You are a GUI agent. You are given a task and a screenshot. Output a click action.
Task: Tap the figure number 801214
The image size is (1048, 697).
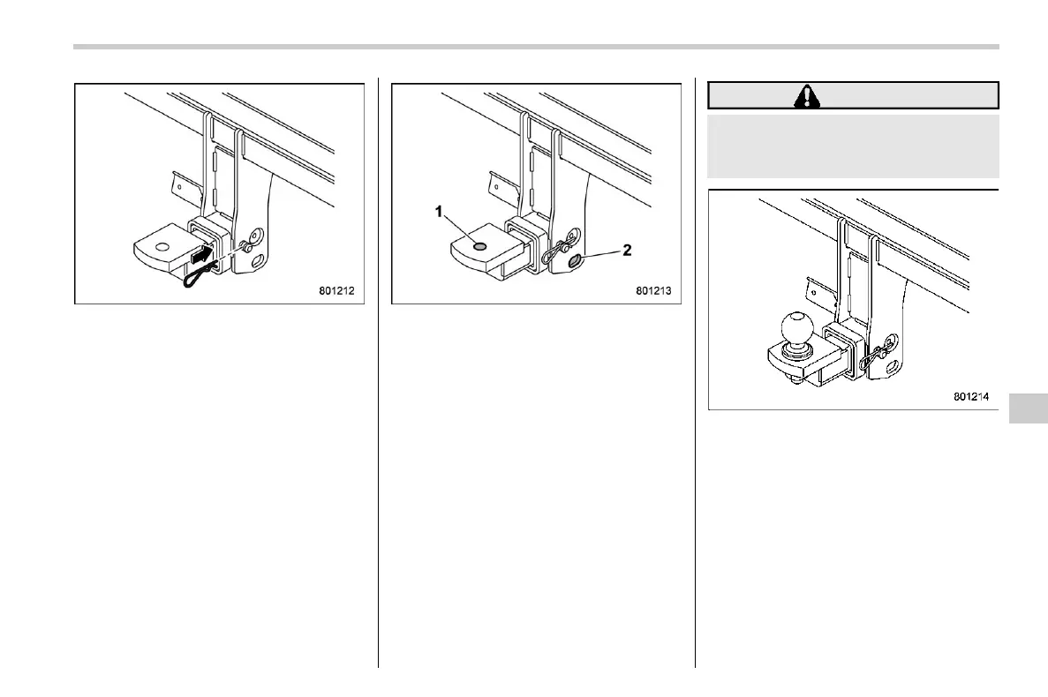(x=972, y=396)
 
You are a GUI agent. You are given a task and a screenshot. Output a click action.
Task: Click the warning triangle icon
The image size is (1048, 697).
(x=806, y=95)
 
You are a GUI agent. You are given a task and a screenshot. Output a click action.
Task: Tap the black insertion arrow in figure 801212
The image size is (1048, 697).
(x=201, y=257)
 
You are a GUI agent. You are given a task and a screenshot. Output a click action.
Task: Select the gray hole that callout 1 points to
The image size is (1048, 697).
(x=479, y=247)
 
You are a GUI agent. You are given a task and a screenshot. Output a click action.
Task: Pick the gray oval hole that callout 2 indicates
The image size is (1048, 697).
(x=575, y=260)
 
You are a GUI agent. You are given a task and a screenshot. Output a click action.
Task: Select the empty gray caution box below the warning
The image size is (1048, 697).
(x=853, y=146)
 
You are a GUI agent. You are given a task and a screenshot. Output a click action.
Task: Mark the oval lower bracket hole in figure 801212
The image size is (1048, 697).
(x=257, y=260)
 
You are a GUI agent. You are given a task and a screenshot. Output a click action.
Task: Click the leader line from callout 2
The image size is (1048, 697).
(x=601, y=255)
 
